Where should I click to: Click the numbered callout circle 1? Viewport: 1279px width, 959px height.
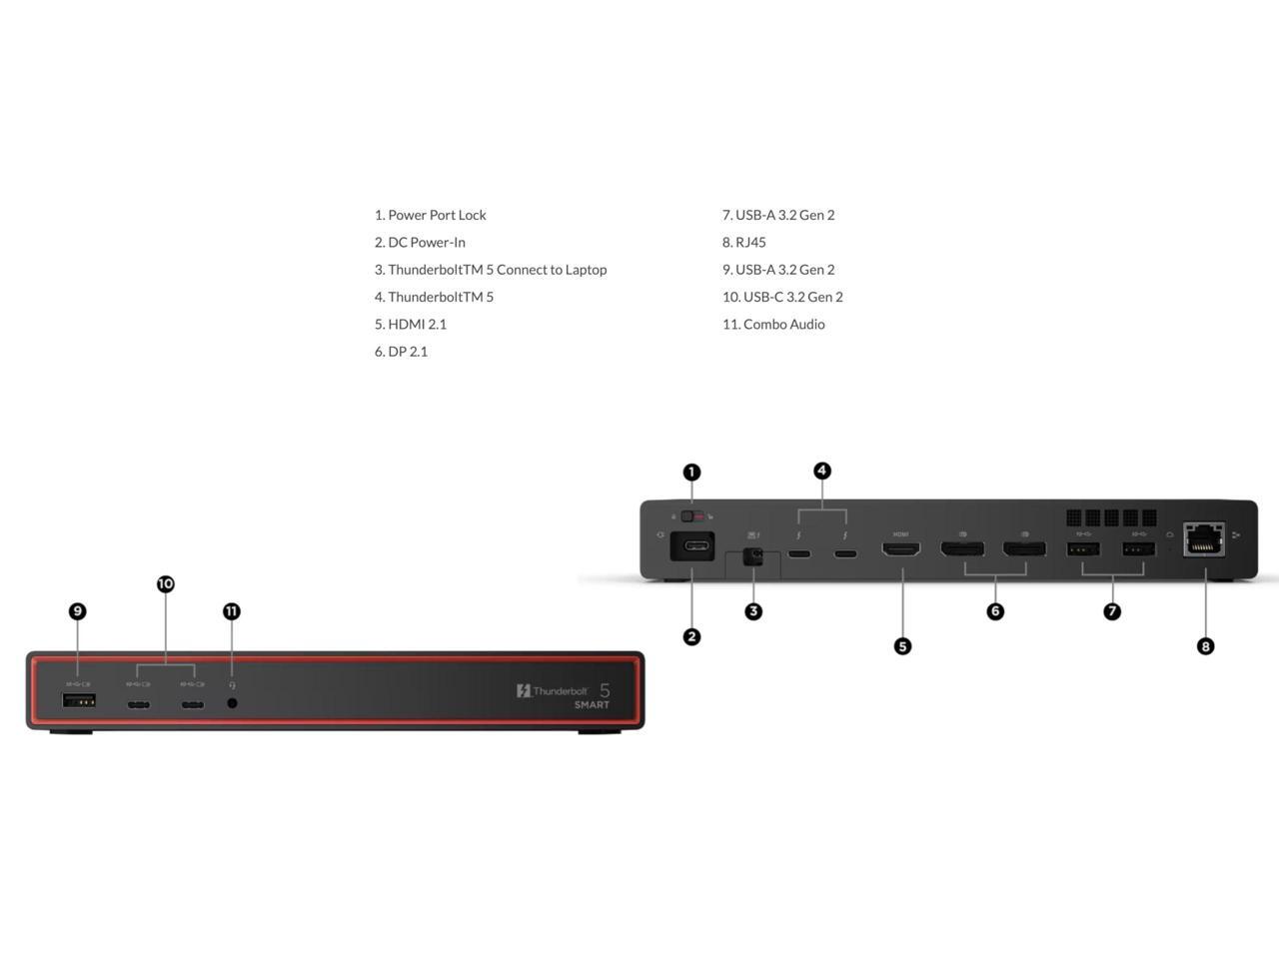(x=691, y=473)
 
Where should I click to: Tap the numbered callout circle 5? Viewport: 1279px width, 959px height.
(x=902, y=646)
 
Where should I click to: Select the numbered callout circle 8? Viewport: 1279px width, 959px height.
(x=1205, y=646)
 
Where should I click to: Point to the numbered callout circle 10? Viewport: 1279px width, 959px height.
(x=166, y=584)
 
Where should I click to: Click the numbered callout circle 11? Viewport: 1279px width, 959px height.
(x=232, y=611)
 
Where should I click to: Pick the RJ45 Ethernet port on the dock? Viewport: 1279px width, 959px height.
(x=1203, y=539)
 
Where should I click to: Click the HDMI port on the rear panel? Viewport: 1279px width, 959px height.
(x=901, y=548)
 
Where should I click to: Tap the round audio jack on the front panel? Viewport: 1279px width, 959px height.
(x=233, y=703)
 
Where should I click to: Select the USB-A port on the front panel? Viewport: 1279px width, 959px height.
(x=79, y=700)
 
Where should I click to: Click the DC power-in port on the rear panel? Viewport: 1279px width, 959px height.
(x=692, y=546)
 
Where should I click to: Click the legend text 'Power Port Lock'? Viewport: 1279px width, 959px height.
(x=437, y=215)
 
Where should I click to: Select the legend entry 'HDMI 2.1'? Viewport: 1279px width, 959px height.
(x=417, y=324)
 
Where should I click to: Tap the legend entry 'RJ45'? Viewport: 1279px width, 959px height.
(x=750, y=242)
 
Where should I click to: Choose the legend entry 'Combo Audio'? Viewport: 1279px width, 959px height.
(x=783, y=324)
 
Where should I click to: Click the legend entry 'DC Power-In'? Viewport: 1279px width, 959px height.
(x=426, y=242)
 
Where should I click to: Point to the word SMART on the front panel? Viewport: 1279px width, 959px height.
(x=592, y=705)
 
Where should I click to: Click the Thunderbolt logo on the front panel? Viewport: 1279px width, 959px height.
(x=552, y=690)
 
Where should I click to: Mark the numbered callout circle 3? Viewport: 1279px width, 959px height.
(x=753, y=611)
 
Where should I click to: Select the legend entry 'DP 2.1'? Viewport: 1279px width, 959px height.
(x=408, y=352)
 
